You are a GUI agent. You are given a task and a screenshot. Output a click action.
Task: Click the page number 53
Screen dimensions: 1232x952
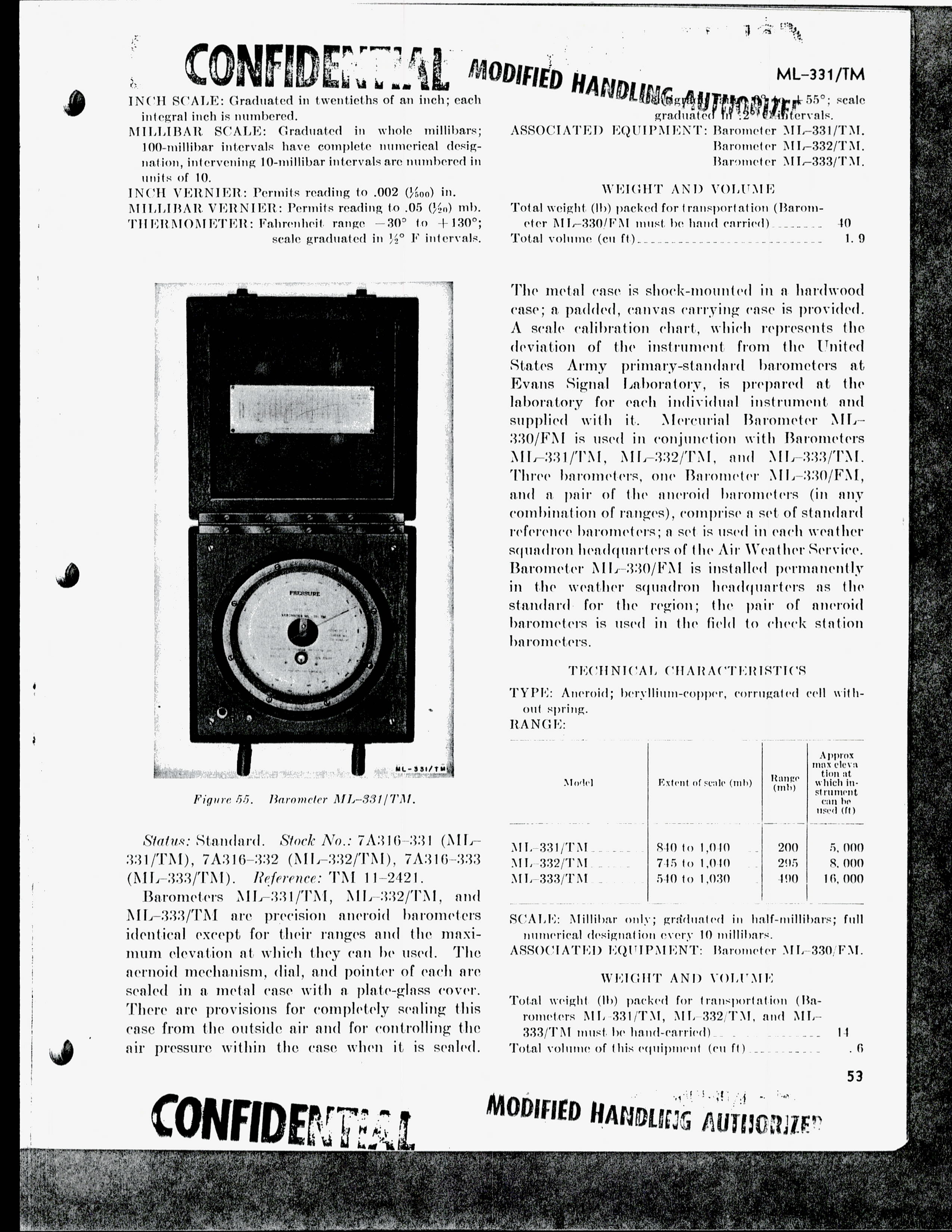pos(855,1076)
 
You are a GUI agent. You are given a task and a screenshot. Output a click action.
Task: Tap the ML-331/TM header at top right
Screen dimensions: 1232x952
pos(821,74)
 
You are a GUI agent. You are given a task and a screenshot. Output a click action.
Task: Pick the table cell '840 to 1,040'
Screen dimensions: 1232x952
pos(693,847)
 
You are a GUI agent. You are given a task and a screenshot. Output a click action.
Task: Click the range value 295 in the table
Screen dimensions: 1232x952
pos(787,863)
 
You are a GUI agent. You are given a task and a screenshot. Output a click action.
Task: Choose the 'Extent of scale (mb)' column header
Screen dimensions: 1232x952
pos(704,783)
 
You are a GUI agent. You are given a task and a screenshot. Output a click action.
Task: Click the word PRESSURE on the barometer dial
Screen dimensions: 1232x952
pos(305,594)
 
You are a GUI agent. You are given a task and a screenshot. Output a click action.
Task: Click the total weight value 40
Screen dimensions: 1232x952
pos(844,223)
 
